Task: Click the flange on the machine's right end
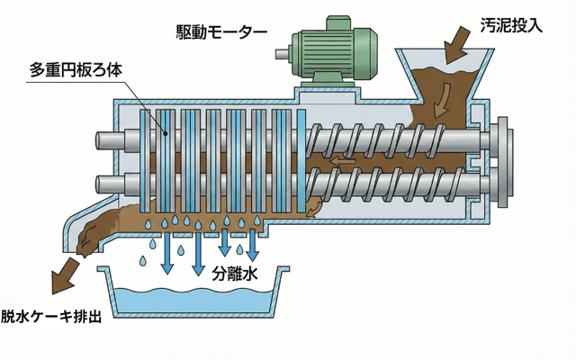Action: pos(500,162)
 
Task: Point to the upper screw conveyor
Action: pos(396,142)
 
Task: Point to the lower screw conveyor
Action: pos(396,184)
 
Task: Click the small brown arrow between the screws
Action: pos(340,163)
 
